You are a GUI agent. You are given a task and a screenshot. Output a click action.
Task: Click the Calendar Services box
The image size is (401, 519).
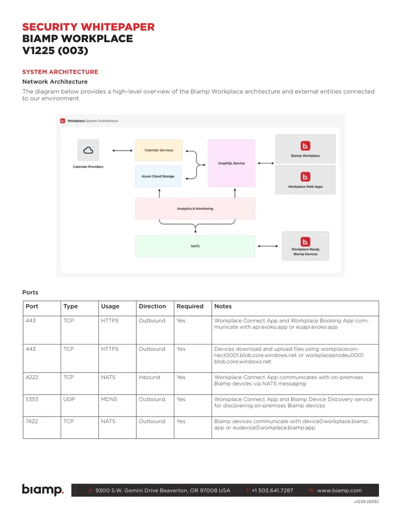(x=159, y=150)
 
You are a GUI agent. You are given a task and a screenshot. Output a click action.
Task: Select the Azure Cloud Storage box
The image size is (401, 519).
(x=158, y=177)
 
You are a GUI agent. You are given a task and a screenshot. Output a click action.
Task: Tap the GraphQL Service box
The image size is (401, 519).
(x=232, y=163)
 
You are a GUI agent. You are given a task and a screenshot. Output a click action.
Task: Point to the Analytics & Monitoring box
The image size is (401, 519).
(x=195, y=209)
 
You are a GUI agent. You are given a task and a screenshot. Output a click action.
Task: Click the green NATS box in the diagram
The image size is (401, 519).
(x=195, y=246)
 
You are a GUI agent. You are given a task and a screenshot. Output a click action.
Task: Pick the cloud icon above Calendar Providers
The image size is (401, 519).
(x=88, y=150)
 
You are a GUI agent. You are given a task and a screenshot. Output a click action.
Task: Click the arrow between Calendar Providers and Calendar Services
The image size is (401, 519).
(x=122, y=150)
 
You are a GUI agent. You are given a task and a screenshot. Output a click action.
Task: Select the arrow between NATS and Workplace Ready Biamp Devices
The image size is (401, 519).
(x=268, y=246)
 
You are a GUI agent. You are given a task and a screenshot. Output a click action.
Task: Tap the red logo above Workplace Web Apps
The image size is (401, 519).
(x=305, y=177)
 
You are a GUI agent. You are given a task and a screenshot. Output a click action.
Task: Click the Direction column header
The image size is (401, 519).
(x=152, y=306)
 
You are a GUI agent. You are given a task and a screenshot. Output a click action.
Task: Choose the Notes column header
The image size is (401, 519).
(x=223, y=306)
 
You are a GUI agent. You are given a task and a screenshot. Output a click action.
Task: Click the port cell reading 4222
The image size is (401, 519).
(x=32, y=377)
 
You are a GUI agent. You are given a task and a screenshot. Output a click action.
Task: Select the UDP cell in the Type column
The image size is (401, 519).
(x=69, y=399)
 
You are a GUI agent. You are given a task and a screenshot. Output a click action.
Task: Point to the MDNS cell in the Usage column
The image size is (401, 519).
(x=109, y=399)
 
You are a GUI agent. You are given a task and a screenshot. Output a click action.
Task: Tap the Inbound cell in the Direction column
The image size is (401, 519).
(x=149, y=377)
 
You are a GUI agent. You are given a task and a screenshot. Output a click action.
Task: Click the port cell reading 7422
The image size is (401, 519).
(x=32, y=421)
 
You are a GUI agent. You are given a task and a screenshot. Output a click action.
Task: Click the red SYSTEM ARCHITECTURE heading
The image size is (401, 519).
(x=60, y=72)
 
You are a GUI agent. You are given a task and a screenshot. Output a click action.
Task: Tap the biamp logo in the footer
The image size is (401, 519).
(x=43, y=490)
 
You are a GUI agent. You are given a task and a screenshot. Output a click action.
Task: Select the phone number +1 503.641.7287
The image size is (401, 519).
(x=272, y=490)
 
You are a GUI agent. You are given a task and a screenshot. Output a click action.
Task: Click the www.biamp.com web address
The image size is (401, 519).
(x=339, y=490)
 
